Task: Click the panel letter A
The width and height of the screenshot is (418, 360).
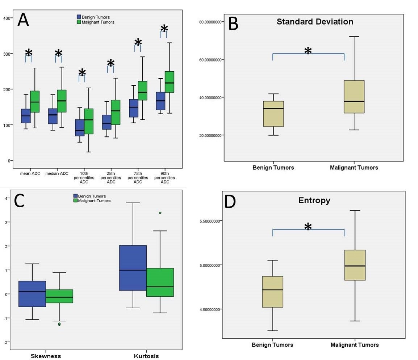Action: pos(23,21)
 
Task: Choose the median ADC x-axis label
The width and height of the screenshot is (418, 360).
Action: pos(57,174)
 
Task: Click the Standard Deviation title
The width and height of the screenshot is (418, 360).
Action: pos(315,22)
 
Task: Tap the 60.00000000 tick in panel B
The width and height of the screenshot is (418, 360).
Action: pos(210,60)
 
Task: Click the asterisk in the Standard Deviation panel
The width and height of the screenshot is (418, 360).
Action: pos(308,51)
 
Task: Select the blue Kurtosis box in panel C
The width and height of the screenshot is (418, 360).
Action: pos(133,268)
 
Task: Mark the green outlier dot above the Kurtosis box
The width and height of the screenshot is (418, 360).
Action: pos(160,213)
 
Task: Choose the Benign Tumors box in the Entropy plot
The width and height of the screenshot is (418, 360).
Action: pos(273,292)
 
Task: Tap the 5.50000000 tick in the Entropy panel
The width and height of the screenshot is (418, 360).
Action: pos(210,221)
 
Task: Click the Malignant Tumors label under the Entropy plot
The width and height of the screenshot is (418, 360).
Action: pos(355,345)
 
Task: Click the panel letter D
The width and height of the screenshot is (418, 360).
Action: pos(230,202)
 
